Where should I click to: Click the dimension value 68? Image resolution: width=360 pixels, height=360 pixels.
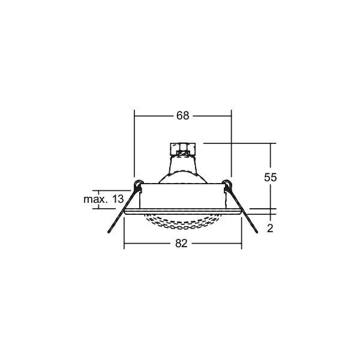pyautogui.click(x=182, y=116)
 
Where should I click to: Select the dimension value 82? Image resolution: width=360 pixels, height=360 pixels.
pyautogui.click(x=181, y=244)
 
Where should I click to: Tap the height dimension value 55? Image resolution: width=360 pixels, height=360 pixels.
pyautogui.click(x=270, y=177)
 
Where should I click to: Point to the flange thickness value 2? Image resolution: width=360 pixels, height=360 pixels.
pyautogui.click(x=270, y=229)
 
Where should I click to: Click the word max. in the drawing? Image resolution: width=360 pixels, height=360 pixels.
pyautogui.click(x=95, y=199)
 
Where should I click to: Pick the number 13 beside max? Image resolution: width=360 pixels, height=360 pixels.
pyautogui.click(x=118, y=199)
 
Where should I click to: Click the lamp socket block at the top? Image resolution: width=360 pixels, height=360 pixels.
pyautogui.click(x=182, y=149)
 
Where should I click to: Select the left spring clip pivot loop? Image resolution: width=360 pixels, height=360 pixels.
pyautogui.click(x=137, y=184)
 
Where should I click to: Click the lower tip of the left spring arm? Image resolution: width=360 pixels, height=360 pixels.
pyautogui.click(x=109, y=232)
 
